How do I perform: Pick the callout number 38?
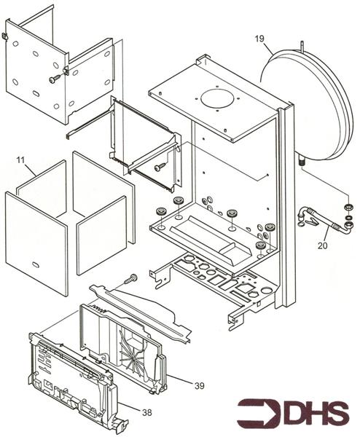pyautogui.click(x=146, y=412)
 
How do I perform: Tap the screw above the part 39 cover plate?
pyautogui.click(x=132, y=278)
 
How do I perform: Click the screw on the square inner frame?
pyautogui.click(x=160, y=167)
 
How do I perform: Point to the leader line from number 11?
pyautogui.click(x=29, y=167)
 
